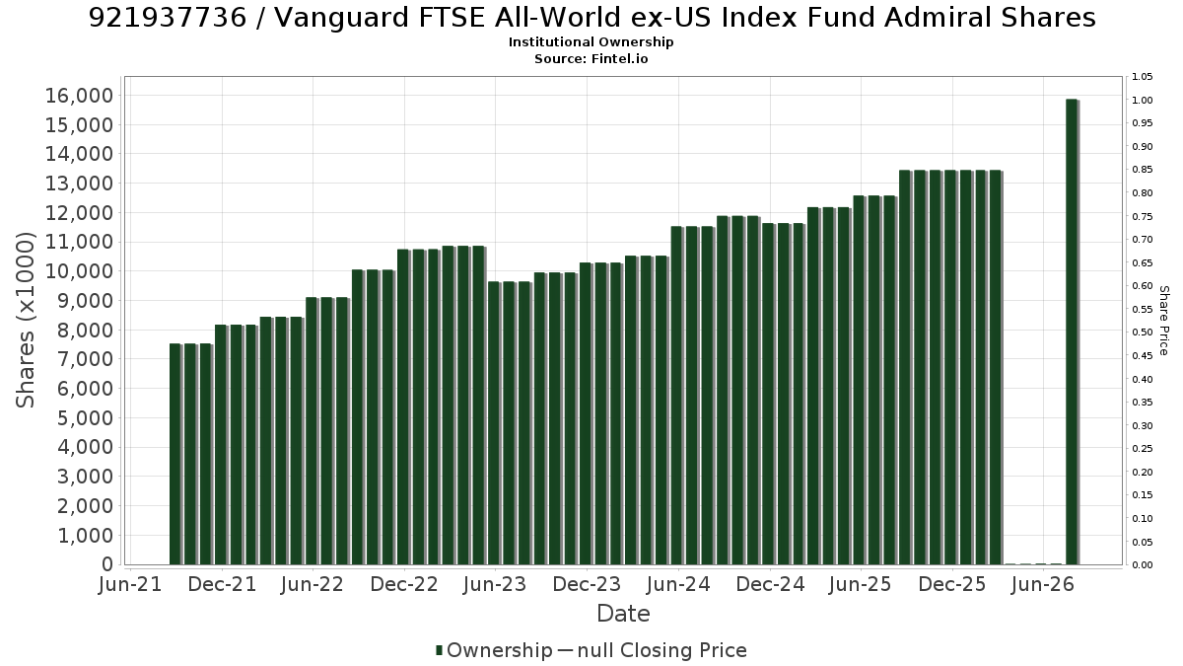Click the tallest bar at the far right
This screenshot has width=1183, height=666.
click(x=1073, y=332)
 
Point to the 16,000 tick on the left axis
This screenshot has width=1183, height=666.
click(x=79, y=96)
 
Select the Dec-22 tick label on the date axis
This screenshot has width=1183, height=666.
click(x=404, y=584)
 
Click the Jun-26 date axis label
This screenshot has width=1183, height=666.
click(x=1043, y=584)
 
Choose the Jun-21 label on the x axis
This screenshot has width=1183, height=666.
click(x=130, y=584)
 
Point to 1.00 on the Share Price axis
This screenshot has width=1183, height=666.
click(x=1142, y=101)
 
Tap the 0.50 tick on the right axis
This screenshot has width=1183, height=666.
click(x=1142, y=333)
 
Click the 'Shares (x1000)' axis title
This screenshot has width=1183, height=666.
click(x=25, y=321)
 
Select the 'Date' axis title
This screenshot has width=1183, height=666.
click(x=623, y=614)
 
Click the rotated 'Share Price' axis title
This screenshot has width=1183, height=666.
click(x=1164, y=321)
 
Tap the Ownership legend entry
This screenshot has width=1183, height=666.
click(x=494, y=650)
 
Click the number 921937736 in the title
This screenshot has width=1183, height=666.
click(x=168, y=18)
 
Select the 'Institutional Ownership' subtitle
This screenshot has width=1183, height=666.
click(x=591, y=42)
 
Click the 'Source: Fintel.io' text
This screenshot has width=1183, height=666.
click(x=591, y=58)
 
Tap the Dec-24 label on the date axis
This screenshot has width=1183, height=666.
click(x=770, y=584)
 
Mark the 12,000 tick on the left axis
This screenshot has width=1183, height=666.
click(x=79, y=213)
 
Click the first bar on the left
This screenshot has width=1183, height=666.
click(x=174, y=454)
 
